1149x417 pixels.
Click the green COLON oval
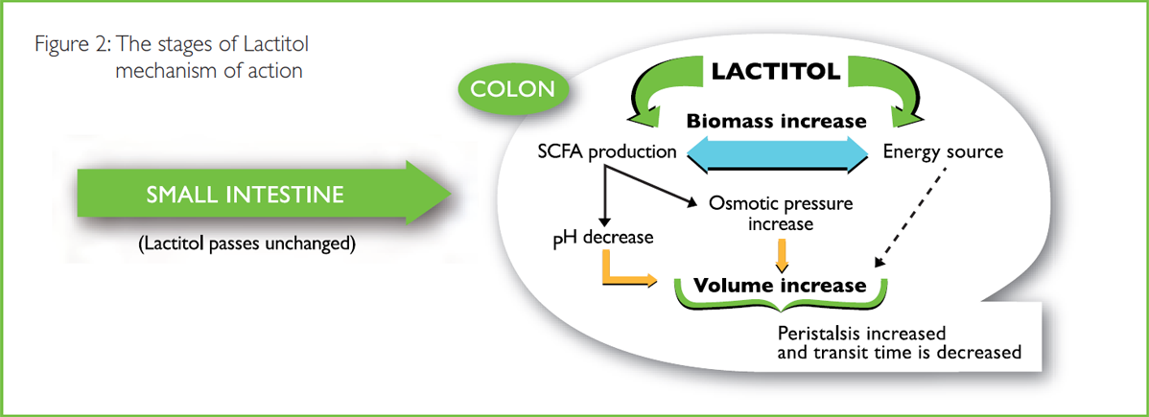[512, 88]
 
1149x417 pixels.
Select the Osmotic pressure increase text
[780, 213]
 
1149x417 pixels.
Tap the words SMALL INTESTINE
[246, 196]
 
